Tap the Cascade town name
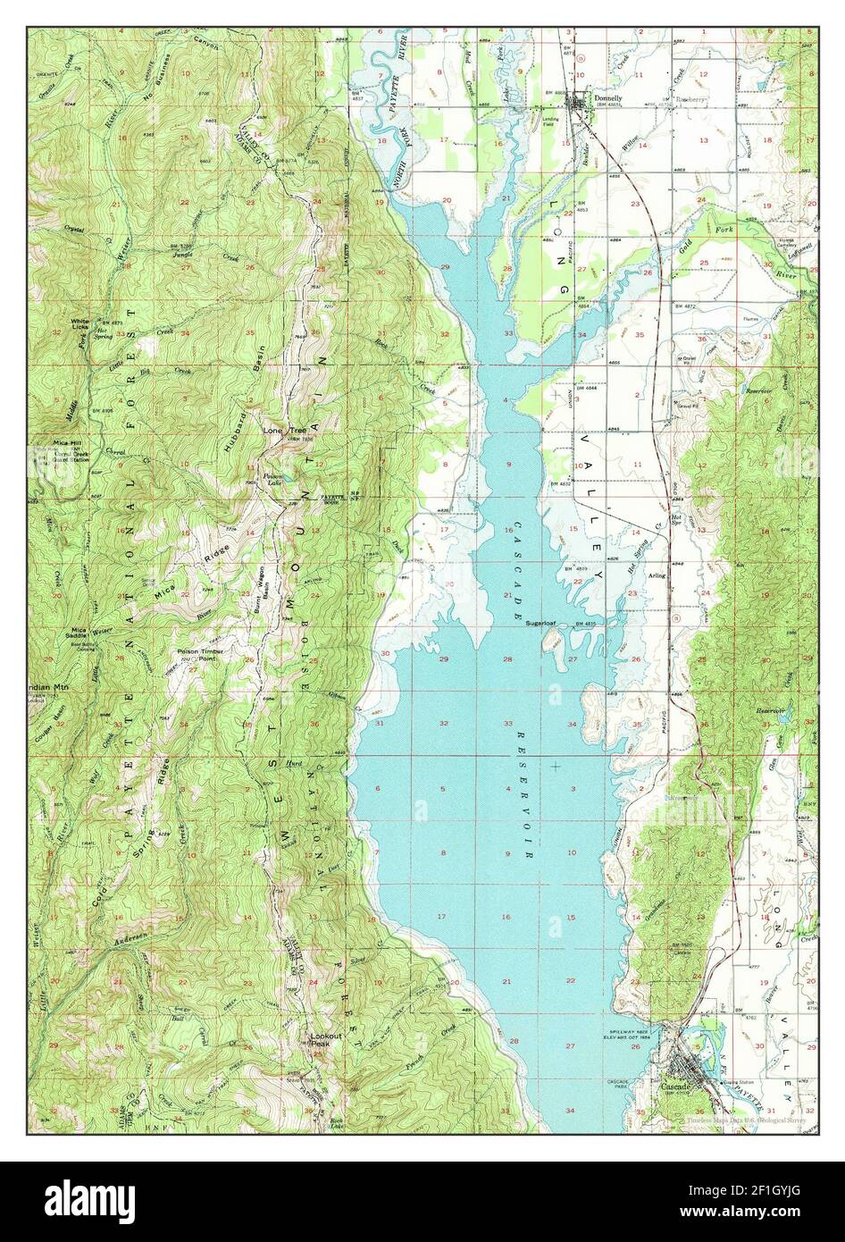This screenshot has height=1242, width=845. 675,1087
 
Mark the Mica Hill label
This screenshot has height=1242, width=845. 68,443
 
